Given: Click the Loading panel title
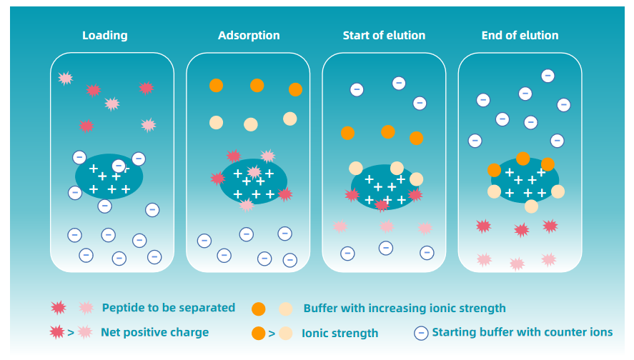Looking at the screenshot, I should [x=104, y=35].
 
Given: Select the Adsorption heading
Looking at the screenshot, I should [x=249, y=35].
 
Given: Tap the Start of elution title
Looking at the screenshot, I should [x=384, y=35].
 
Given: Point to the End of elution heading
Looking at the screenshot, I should [x=520, y=35].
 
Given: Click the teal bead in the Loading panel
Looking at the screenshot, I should [x=109, y=177].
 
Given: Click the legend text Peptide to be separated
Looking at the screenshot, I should [x=168, y=308].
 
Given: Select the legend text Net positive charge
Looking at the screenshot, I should [x=154, y=332].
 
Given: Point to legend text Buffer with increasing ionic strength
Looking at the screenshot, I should [x=405, y=309].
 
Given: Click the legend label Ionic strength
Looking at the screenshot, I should [x=340, y=333].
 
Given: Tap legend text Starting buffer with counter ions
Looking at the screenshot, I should [x=522, y=332].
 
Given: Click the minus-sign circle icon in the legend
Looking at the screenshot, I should [x=422, y=332].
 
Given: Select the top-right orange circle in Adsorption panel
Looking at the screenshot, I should [x=295, y=89].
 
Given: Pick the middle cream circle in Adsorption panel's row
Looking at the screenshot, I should [x=251, y=124].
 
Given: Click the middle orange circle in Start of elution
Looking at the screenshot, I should [x=388, y=131].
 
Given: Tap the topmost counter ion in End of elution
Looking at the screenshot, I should [x=548, y=75].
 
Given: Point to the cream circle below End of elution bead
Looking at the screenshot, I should [x=531, y=206].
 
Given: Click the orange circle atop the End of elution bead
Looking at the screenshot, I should [x=523, y=159].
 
